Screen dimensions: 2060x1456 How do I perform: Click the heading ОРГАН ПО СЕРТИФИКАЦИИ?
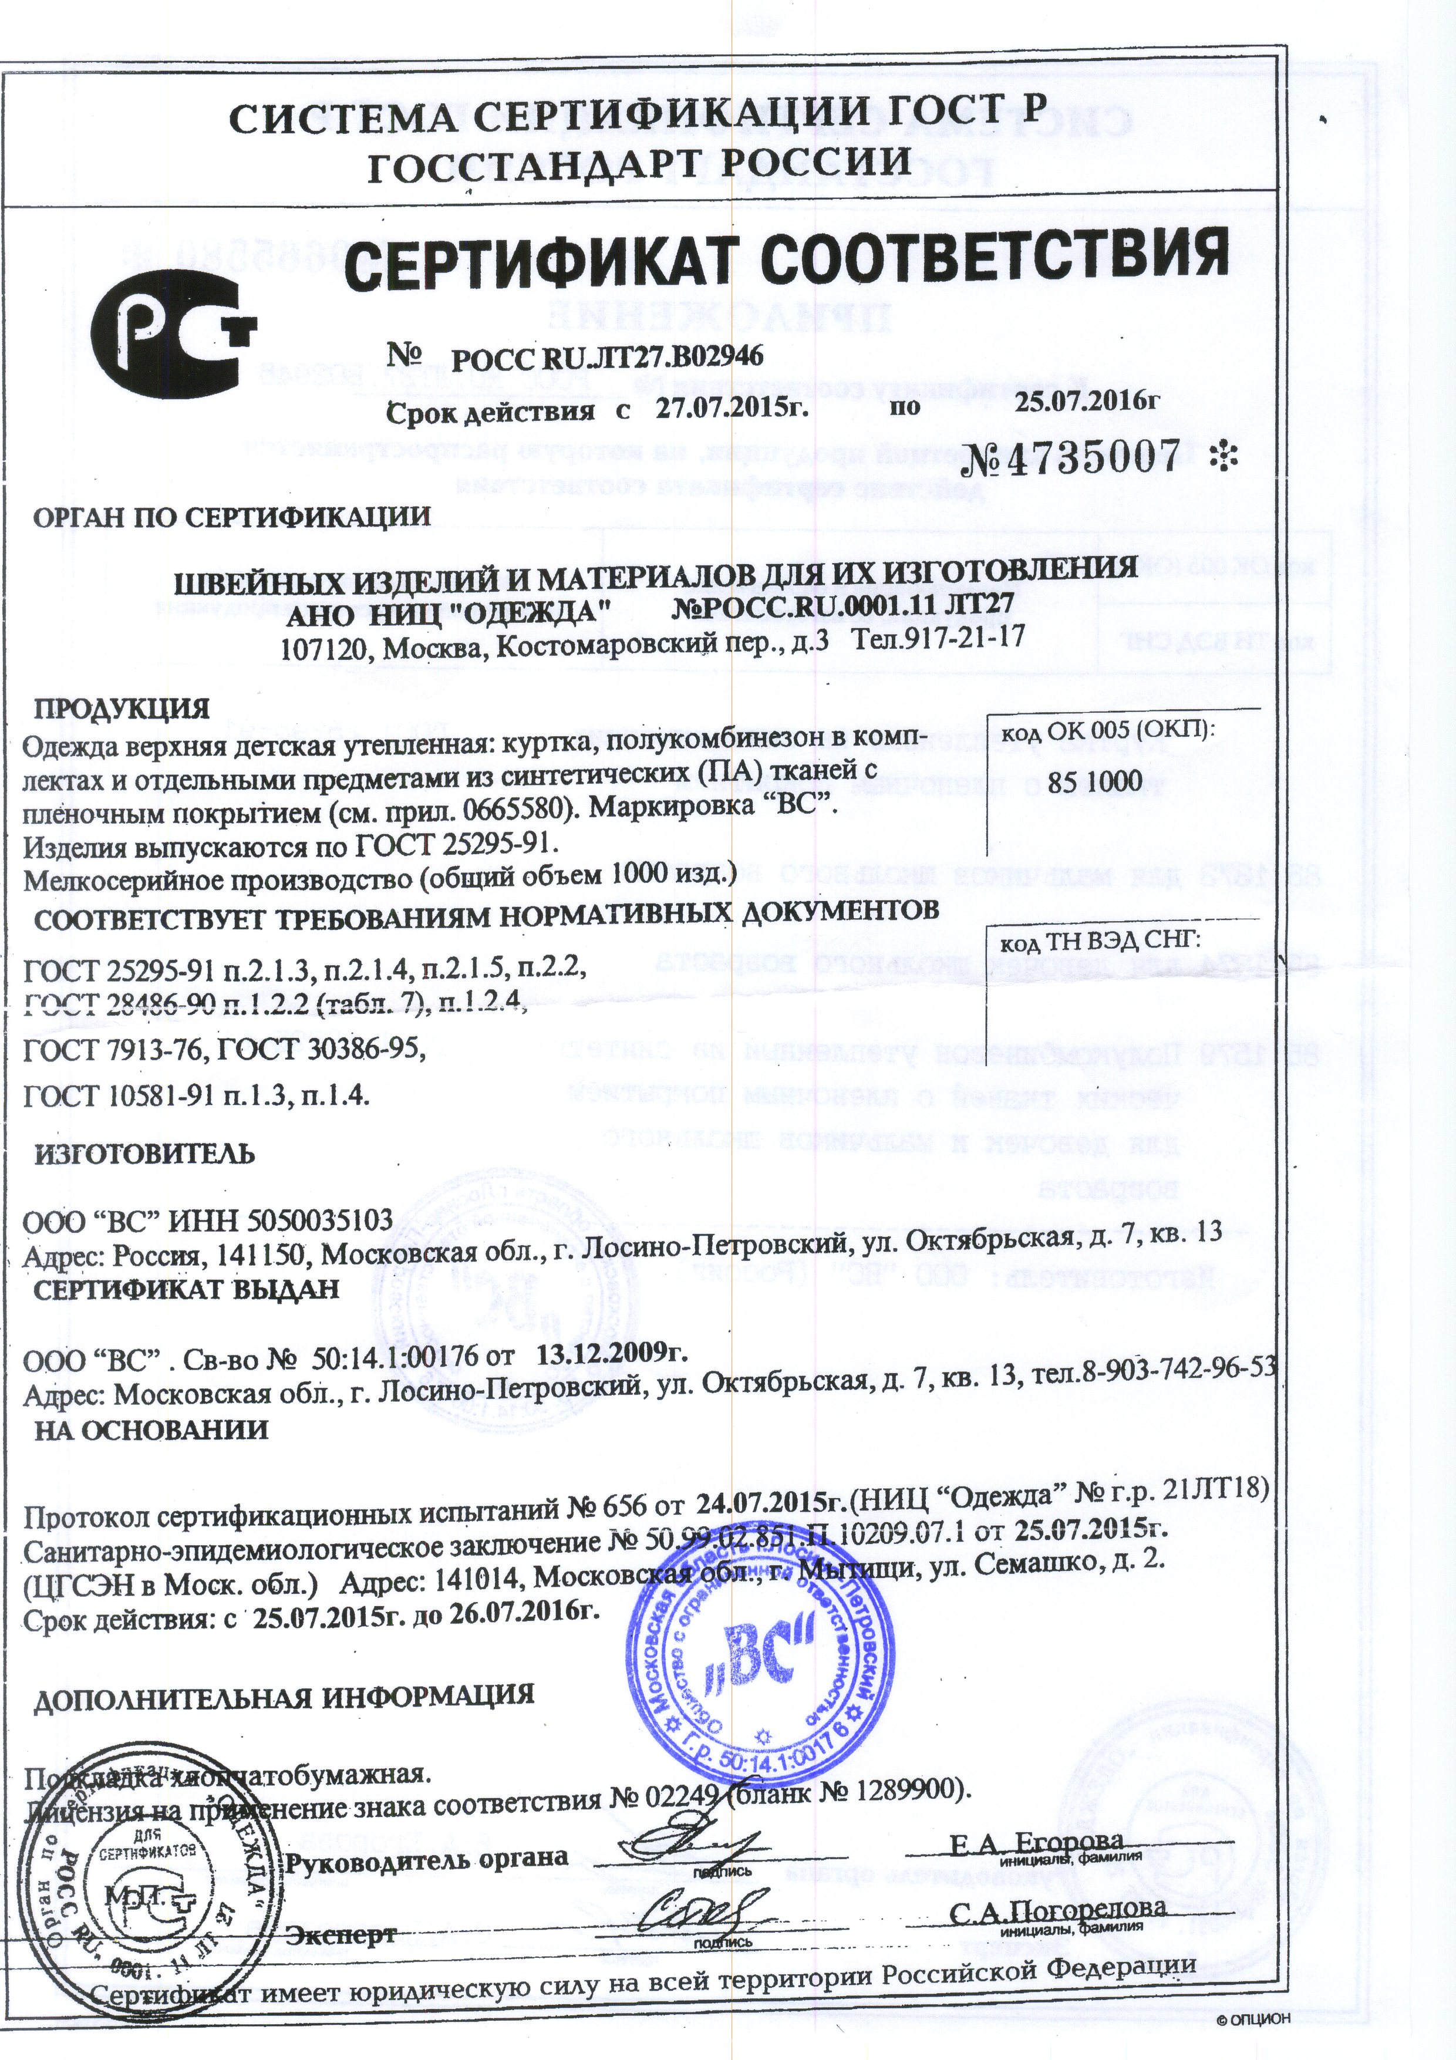point(231,517)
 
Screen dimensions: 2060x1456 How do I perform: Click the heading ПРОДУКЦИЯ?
point(122,708)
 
